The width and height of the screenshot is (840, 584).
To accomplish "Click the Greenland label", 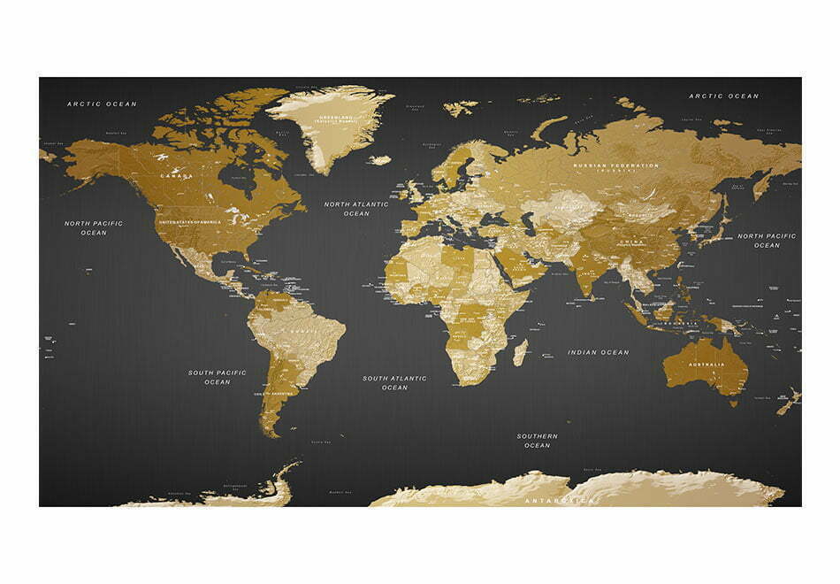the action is tap(335, 118).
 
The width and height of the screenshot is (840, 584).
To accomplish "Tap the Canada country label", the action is tap(175, 176).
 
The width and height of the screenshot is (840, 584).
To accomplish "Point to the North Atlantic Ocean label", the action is tap(356, 209).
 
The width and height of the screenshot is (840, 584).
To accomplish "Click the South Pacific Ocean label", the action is tap(217, 377).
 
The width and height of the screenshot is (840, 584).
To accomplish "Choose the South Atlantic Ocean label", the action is tap(394, 383).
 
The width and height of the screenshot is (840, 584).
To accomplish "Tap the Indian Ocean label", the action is tap(599, 352).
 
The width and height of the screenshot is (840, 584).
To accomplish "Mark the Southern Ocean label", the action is tap(537, 441).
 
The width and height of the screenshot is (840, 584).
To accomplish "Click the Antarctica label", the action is tap(561, 501).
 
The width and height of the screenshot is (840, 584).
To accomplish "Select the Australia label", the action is tap(708, 365).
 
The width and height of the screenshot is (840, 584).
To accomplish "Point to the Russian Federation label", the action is tap(615, 166).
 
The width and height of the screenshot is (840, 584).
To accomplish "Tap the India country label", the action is tap(585, 273).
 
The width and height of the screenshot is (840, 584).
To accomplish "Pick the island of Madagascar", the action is tap(520, 351).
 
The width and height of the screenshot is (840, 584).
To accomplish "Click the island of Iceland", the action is tap(379, 160).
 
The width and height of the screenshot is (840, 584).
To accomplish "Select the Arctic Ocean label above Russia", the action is tap(723, 96).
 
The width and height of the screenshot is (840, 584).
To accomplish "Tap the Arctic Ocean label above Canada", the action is tap(103, 104).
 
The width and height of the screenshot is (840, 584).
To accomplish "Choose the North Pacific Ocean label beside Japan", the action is tap(767, 241).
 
